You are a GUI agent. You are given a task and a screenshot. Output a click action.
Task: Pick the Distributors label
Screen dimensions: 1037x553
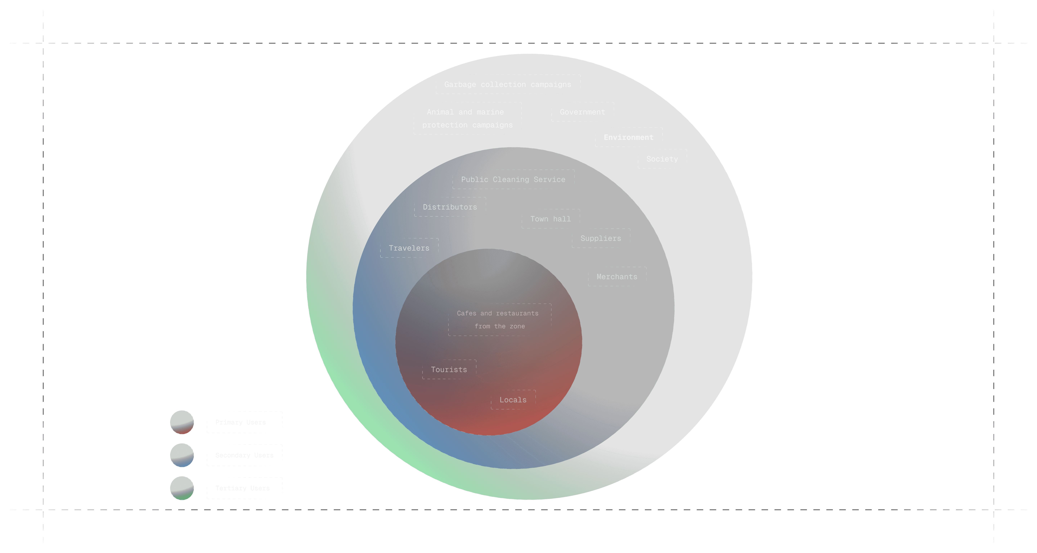coord(450,207)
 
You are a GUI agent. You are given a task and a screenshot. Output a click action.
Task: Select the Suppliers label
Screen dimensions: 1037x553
coord(601,238)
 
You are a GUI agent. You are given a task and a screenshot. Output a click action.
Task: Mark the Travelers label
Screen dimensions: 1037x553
coord(409,248)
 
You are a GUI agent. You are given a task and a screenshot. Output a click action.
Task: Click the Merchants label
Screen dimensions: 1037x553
coord(617,276)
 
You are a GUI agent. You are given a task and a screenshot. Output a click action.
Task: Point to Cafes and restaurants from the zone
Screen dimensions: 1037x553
coord(499,320)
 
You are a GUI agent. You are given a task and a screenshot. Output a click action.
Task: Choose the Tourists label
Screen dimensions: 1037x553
coord(449,369)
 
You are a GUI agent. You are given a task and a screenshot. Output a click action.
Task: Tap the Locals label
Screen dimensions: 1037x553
coord(513,400)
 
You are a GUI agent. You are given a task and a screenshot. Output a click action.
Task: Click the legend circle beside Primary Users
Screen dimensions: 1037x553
coord(182,422)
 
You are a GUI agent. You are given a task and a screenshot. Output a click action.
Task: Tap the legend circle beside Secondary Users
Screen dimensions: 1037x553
coord(182,455)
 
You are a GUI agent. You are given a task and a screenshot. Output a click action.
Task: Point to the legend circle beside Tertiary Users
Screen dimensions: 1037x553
coord(182,488)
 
